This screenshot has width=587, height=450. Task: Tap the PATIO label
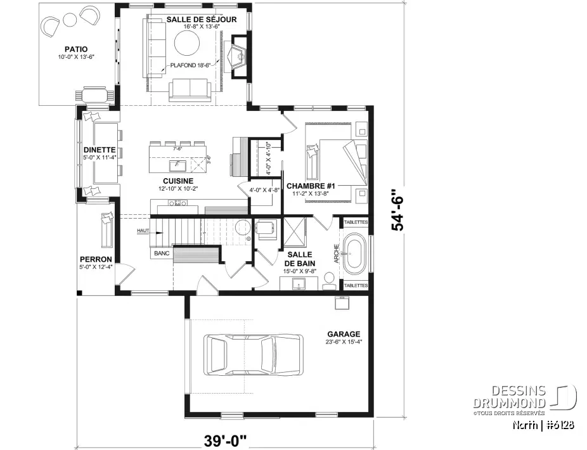point(75,49)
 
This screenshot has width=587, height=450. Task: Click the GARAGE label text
point(344,334)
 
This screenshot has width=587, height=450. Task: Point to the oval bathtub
point(354,254)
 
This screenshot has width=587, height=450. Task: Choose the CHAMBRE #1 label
point(311,186)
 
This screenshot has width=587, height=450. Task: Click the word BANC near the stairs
point(161,254)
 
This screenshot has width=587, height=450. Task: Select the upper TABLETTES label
point(355,222)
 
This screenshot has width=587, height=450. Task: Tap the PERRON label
point(96,259)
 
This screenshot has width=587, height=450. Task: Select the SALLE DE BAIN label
point(297,259)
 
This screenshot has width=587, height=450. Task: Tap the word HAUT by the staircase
point(142,231)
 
